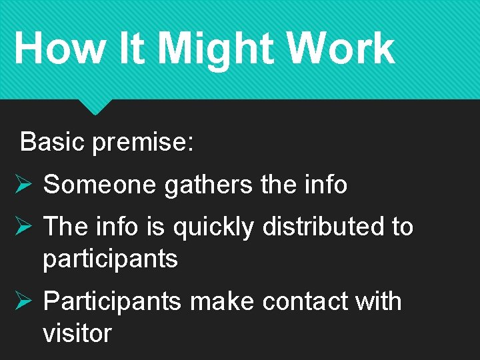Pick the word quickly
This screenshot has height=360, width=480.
(x=213, y=228)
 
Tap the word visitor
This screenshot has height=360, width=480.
(x=77, y=333)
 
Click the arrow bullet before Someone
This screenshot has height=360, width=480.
(x=23, y=185)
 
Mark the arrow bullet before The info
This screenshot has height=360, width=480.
(x=23, y=227)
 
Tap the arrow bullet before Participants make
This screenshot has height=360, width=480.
(x=23, y=301)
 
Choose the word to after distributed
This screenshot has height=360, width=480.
(x=402, y=227)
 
